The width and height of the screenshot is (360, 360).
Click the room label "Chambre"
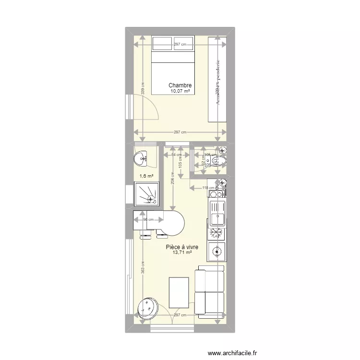pyautogui.click(x=180, y=85)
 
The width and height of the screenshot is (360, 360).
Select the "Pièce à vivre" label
pyautogui.click(x=182, y=247)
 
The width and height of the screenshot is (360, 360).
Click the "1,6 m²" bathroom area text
pyautogui.click(x=146, y=176)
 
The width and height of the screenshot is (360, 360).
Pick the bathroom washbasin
pyautogui.click(x=142, y=157)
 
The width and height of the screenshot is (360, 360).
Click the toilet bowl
pyautogui.click(x=221, y=159)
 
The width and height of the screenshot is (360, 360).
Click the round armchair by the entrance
pyautogui.click(x=148, y=307)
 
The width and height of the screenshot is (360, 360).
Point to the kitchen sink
pyautogui.click(x=217, y=214)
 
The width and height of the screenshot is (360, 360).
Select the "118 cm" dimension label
pyautogui.click(x=208, y=188)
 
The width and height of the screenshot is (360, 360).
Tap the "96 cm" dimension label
pyautogui.click(x=147, y=220)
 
